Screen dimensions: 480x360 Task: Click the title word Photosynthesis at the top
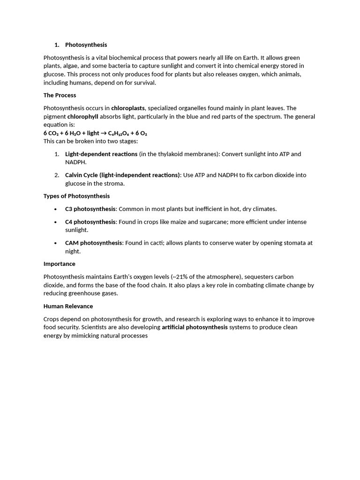[x=86, y=45]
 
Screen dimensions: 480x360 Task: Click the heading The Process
[x=60, y=95]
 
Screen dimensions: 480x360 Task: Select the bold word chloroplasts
[x=128, y=108]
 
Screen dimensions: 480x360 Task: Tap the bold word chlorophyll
[x=82, y=117]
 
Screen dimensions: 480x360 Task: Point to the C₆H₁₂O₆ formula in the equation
[x=121, y=133]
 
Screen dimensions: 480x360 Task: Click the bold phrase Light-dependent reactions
[x=101, y=154]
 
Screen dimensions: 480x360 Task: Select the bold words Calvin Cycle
[x=82, y=175]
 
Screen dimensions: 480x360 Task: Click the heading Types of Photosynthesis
[x=76, y=196]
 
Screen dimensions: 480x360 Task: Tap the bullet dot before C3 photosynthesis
[x=56, y=209]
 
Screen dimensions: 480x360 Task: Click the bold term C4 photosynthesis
[x=90, y=222]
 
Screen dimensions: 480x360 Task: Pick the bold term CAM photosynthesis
[x=94, y=243]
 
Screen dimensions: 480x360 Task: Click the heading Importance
[x=60, y=264]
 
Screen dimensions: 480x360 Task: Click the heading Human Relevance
[x=68, y=306]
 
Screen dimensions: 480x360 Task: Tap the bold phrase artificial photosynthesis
[x=195, y=327]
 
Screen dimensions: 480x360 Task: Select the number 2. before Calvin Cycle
[x=56, y=175]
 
